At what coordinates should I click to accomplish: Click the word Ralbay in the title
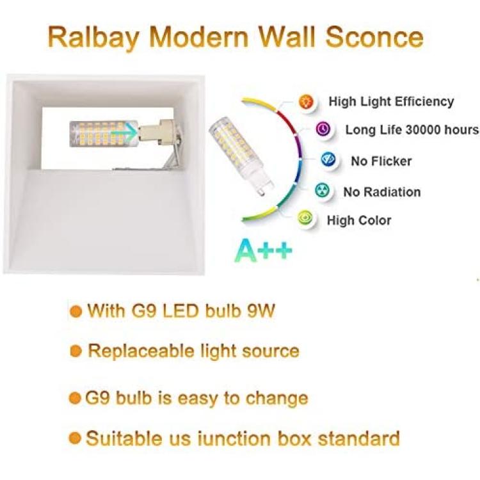(93, 37)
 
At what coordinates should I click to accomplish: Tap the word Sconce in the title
(374, 36)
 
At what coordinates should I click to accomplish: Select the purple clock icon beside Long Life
(323, 129)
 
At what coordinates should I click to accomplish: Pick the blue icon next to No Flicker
(328, 160)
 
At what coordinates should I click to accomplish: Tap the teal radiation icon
(323, 191)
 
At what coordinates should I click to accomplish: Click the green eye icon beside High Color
(305, 218)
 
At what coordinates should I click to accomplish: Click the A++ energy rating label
(264, 250)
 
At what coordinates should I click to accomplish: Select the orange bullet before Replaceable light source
(76, 351)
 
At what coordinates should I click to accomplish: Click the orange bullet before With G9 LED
(76, 312)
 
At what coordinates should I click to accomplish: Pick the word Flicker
(391, 161)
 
